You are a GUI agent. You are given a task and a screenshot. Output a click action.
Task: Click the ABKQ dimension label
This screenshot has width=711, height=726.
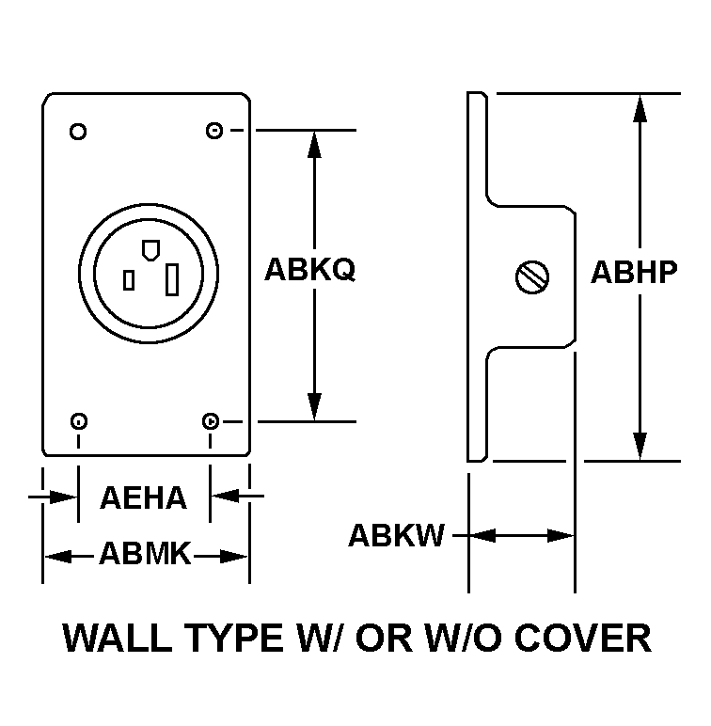[x=309, y=271]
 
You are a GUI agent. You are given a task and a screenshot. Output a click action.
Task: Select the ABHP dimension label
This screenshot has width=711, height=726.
[x=634, y=272]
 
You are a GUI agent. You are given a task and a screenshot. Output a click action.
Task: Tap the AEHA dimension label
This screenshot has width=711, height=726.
[x=144, y=498]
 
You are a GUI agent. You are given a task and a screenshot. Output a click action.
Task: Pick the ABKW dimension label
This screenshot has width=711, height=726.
[x=396, y=536]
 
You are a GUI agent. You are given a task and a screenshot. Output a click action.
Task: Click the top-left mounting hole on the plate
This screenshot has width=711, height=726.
[x=79, y=131]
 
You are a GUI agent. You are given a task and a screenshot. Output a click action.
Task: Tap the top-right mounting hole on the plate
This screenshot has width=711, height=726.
[x=213, y=131]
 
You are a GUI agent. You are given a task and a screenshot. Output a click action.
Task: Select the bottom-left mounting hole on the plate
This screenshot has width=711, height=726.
[x=79, y=420]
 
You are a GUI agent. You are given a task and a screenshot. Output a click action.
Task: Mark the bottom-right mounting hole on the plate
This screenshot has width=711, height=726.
[x=213, y=420]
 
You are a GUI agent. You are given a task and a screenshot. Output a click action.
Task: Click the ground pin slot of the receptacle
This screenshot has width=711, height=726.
[x=148, y=250]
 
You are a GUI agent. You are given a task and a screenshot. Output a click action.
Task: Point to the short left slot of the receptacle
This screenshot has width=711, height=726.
[x=129, y=279]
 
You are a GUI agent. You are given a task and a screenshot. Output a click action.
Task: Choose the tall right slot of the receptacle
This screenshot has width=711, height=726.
[x=173, y=279]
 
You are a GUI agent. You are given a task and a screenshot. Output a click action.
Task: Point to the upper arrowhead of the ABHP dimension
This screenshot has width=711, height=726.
[x=640, y=107]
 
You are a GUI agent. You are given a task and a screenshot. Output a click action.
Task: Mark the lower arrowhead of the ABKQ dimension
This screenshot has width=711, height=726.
[x=314, y=407]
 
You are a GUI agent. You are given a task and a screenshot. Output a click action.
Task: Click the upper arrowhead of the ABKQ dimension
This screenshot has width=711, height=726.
[x=314, y=144]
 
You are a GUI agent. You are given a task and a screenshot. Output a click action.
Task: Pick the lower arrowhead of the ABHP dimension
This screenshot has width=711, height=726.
[x=640, y=447]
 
